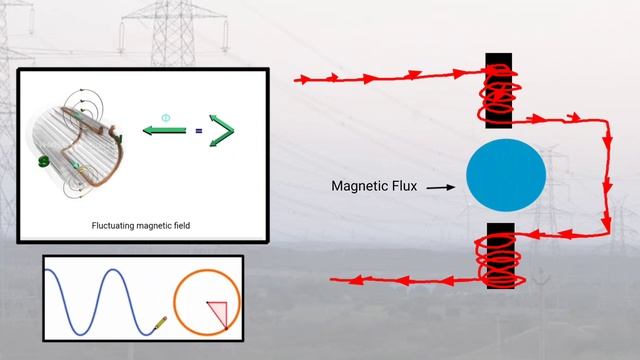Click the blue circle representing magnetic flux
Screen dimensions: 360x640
(506, 173)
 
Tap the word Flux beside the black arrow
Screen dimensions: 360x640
(410, 186)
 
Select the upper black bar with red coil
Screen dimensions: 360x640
(498, 91)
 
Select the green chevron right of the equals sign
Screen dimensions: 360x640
(224, 132)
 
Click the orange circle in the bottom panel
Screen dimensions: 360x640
(206, 298)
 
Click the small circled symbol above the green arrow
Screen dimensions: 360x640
(166, 118)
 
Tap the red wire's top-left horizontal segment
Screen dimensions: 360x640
(380, 76)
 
